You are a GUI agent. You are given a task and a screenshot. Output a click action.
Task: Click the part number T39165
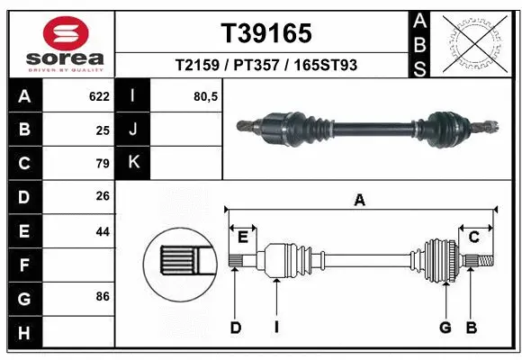(266, 33)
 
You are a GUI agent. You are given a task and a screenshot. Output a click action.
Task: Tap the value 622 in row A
(99, 96)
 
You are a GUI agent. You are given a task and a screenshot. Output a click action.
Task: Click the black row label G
(23, 297)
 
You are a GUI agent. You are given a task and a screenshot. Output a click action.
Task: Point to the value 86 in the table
(102, 297)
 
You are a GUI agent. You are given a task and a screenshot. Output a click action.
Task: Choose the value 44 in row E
(102, 231)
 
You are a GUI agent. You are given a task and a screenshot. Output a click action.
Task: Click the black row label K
(133, 163)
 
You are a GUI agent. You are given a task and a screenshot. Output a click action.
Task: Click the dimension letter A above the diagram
(360, 202)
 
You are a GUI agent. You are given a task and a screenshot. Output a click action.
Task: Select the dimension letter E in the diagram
(243, 237)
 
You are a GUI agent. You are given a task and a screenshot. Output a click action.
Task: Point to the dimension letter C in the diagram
(473, 237)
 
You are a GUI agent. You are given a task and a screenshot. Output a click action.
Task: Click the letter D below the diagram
(235, 328)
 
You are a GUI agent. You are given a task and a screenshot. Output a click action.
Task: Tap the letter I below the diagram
(277, 328)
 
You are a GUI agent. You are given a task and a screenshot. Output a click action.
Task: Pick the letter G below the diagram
(445, 328)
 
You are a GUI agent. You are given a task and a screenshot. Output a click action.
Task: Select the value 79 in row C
(102, 164)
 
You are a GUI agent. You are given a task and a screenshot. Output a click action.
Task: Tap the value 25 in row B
(102, 130)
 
